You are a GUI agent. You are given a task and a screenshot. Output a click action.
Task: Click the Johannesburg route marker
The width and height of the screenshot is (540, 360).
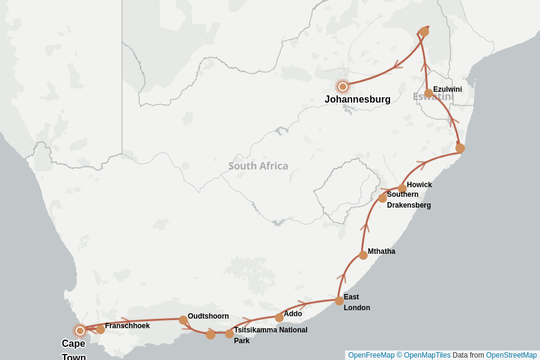point(343,86)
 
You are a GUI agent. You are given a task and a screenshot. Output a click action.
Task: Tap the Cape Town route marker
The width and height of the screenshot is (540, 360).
point(80,331)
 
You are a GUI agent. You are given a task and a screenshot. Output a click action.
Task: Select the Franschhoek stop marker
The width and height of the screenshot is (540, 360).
point(100,329)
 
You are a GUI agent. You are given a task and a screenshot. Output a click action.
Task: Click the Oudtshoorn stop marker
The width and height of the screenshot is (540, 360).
point(183,320)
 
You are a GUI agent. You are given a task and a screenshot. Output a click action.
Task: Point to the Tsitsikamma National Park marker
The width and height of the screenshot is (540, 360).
point(229,334)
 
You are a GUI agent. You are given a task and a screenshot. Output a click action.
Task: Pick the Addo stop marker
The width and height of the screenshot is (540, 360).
point(279,317)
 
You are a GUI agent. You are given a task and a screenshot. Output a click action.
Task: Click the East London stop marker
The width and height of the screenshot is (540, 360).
point(339,301)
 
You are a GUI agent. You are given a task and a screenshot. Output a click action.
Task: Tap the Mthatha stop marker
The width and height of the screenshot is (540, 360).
point(363,255)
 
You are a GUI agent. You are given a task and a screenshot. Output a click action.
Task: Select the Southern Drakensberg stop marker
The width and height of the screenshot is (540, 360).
point(382,198)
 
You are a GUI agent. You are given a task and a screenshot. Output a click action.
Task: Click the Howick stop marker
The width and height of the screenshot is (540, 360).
point(402,188)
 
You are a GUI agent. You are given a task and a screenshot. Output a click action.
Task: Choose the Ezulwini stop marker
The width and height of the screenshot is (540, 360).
point(428,93)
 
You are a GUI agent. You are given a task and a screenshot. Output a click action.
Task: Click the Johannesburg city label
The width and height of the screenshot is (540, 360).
point(358,100)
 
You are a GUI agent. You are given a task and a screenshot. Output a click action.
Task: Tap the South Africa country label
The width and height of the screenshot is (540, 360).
point(258,166)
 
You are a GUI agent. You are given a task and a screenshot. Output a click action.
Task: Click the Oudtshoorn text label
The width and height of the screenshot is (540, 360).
point(208,316)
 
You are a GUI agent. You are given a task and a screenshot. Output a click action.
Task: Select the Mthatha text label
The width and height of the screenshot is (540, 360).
point(382,251)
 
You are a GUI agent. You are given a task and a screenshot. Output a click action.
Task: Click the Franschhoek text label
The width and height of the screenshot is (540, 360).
point(127,326)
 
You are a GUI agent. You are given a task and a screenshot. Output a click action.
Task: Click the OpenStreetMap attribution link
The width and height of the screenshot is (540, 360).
point(511,355)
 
